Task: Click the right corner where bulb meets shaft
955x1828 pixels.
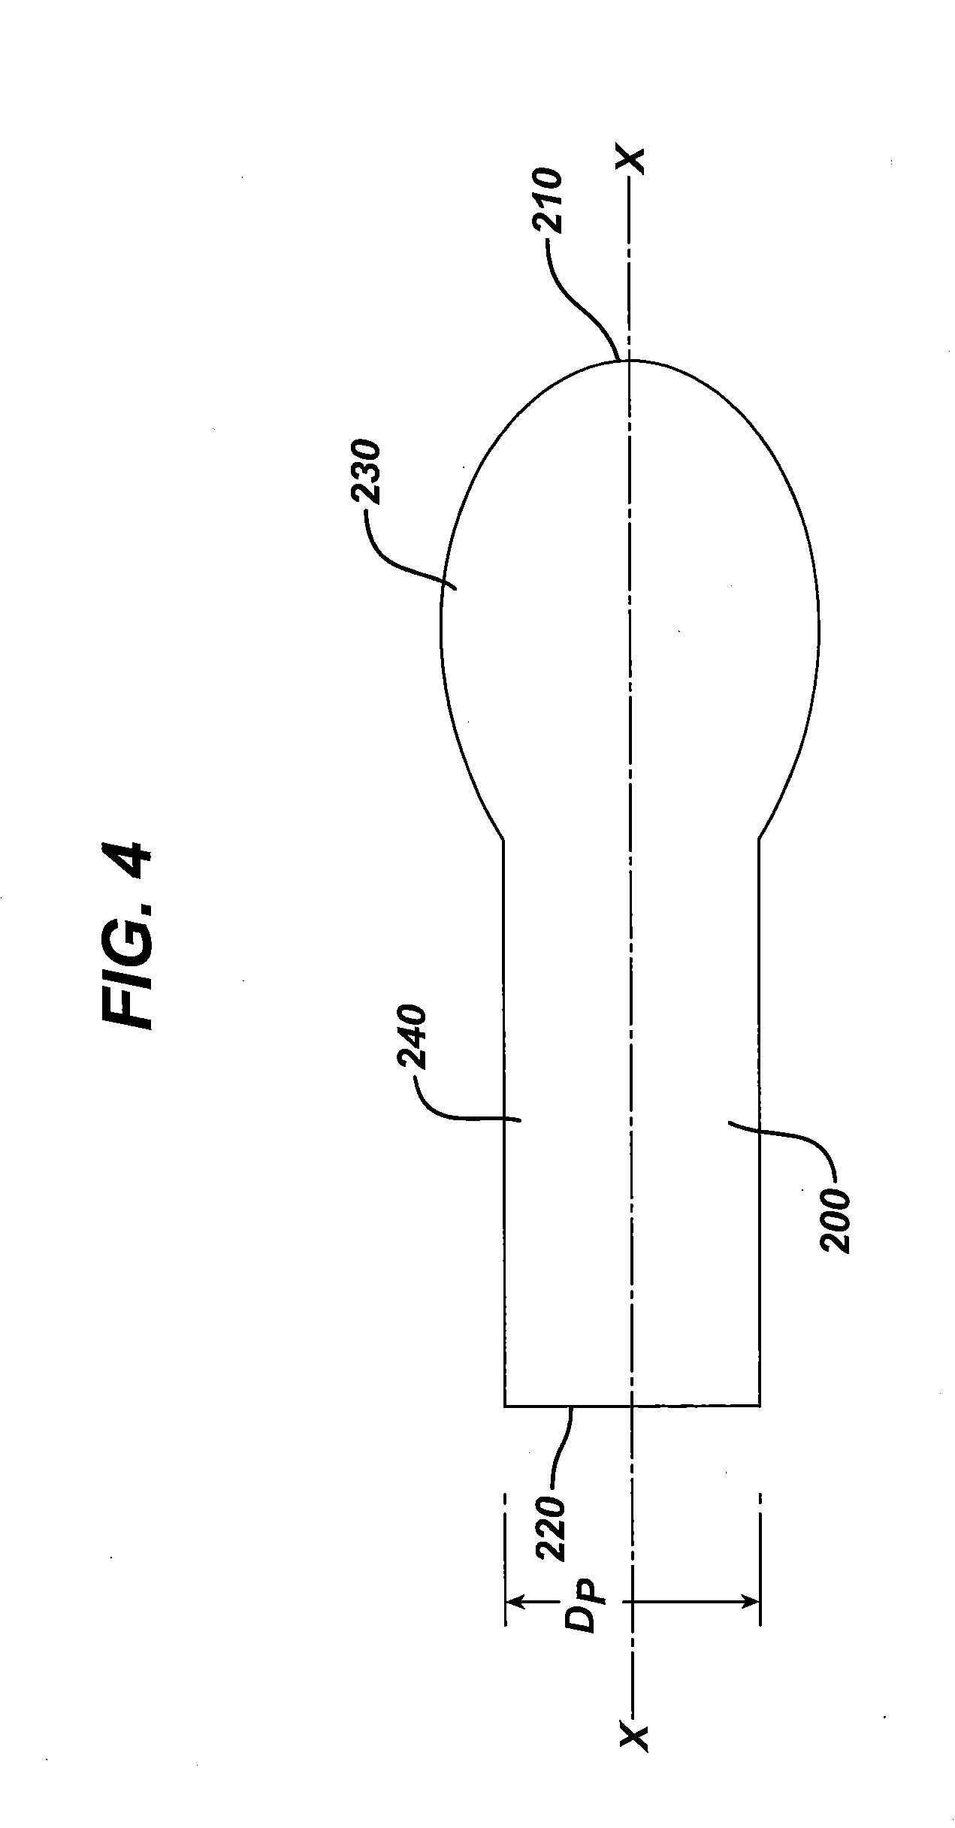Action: [x=760, y=839]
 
